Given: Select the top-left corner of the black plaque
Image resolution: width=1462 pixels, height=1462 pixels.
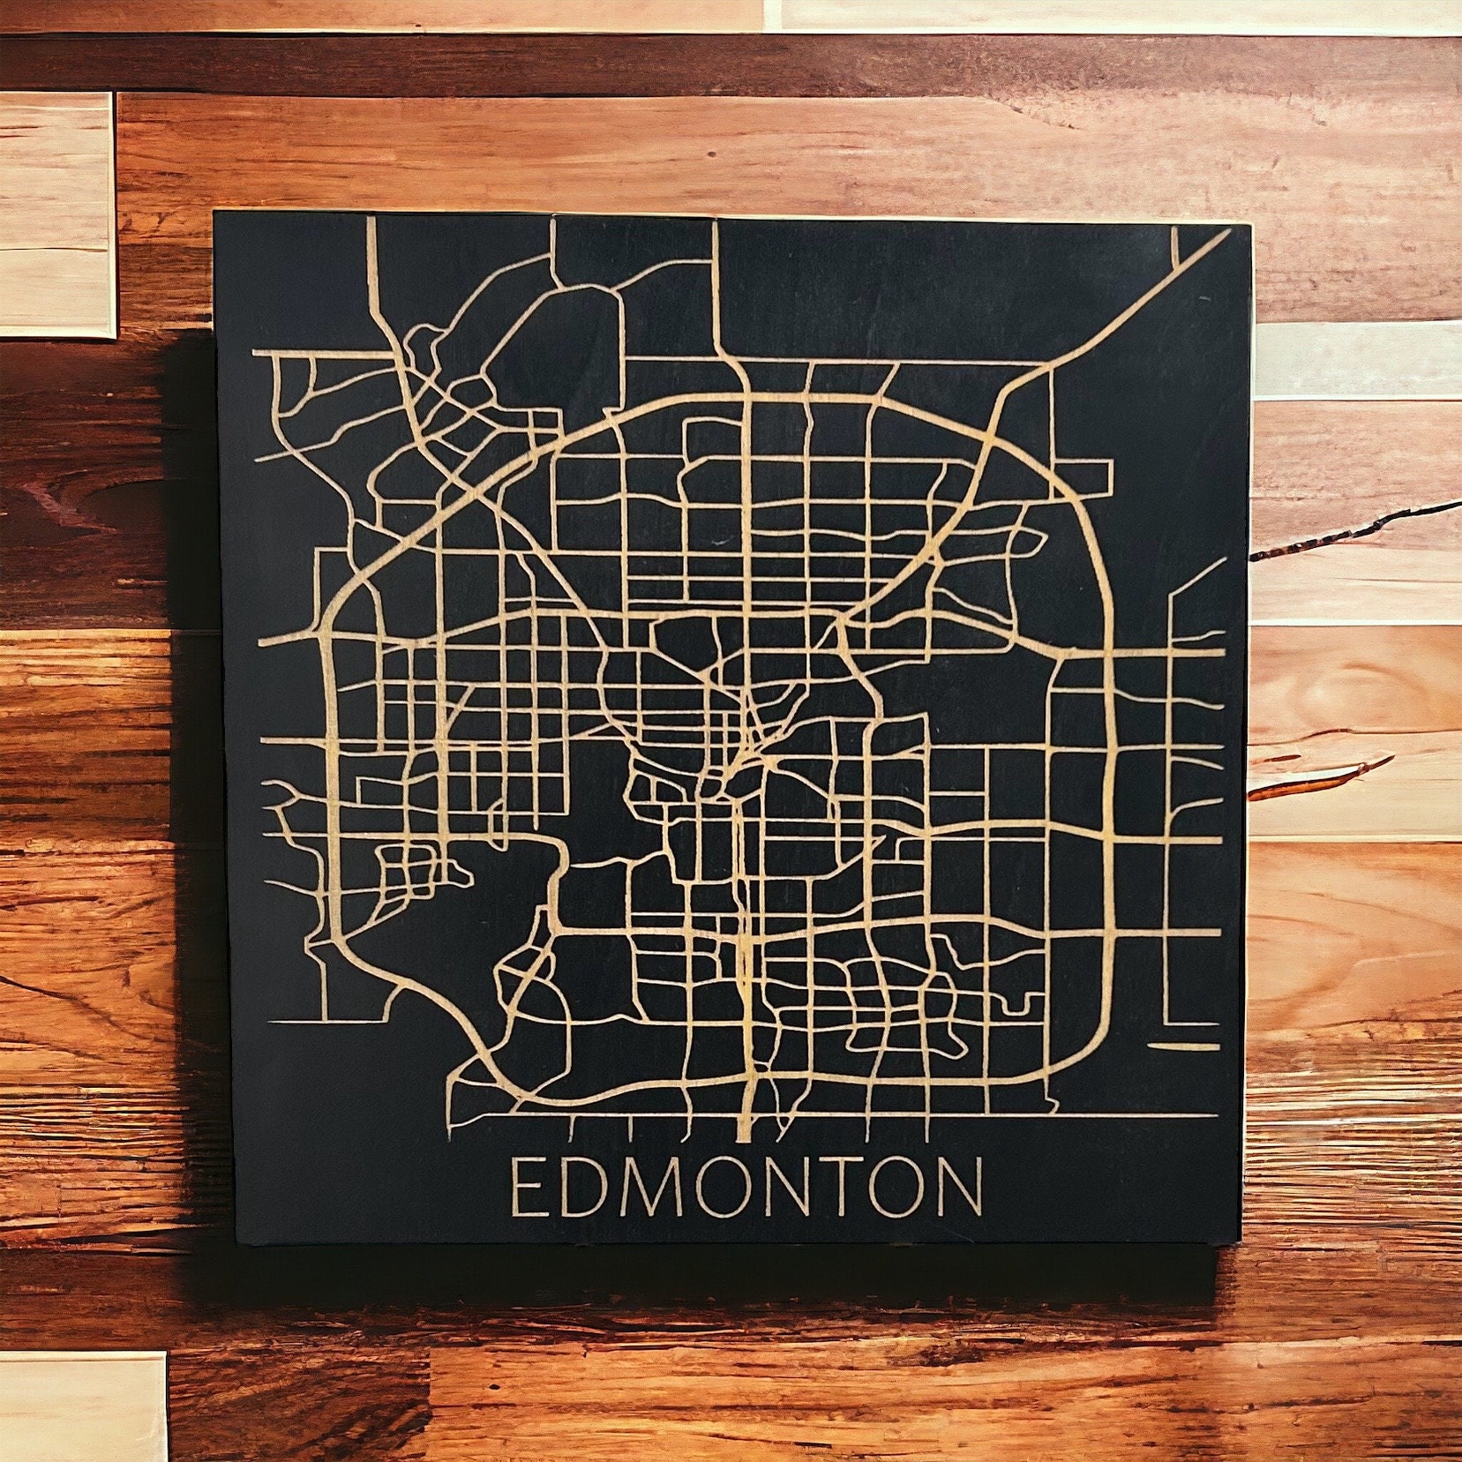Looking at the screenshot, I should coord(214,212).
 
